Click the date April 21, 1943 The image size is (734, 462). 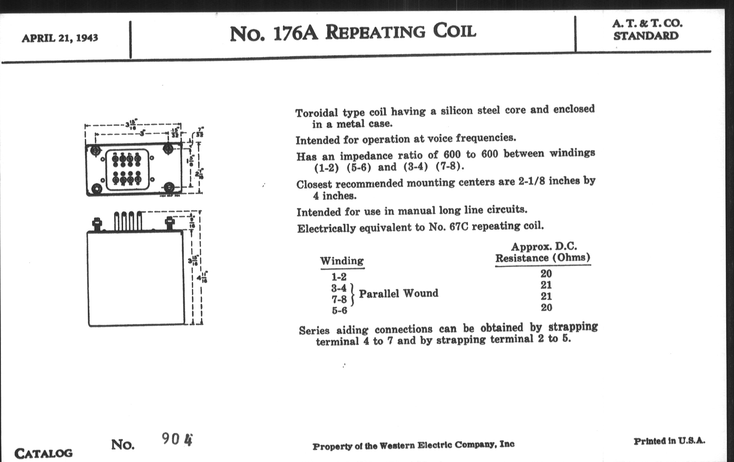60,38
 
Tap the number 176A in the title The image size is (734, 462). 296,33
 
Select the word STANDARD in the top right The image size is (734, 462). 646,36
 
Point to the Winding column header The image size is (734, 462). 342,261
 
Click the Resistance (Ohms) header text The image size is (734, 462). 543,258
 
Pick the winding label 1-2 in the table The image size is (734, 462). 339,277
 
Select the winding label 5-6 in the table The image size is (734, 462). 339,310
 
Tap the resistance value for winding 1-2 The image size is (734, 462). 546,274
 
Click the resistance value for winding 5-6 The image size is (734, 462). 546,307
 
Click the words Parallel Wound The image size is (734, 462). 398,294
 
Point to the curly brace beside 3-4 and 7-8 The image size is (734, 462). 353,294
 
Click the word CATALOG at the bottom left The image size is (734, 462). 43,454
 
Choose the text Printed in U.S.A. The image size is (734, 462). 669,441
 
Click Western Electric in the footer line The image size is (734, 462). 415,445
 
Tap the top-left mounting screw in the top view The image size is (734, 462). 95,150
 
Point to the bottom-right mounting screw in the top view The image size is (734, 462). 169,187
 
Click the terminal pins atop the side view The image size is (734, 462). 128,221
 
